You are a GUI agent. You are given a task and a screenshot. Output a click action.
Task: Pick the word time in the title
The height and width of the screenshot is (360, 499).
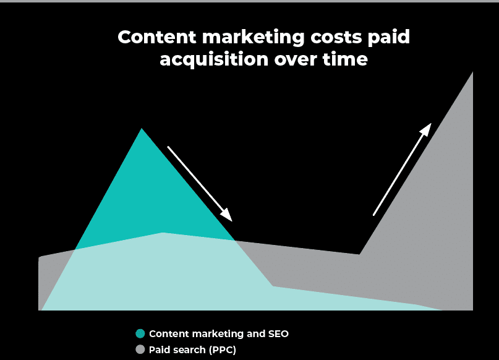346,60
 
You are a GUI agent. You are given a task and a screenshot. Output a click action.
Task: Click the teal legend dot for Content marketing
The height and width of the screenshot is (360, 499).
140,333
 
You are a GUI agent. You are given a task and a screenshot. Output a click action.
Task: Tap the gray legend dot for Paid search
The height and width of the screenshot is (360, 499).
140,349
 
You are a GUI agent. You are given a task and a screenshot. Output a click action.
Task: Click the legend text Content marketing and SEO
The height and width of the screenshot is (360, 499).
218,333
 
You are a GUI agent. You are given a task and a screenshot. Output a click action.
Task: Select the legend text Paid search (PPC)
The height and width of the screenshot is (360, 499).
192,349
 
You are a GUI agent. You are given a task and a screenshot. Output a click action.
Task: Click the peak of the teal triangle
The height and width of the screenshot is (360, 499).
142,129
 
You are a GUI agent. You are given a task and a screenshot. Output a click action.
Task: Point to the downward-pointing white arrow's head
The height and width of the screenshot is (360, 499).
229,218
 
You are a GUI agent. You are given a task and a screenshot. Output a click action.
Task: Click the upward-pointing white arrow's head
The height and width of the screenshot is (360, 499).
429,126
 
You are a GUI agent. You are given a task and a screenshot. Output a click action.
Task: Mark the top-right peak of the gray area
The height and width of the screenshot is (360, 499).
472,72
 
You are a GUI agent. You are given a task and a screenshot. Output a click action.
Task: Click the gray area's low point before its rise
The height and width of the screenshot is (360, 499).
359,254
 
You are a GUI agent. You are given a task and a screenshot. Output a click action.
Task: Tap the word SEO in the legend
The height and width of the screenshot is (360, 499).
278,333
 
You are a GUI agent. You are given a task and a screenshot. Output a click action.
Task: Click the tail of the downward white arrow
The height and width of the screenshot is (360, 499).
169,147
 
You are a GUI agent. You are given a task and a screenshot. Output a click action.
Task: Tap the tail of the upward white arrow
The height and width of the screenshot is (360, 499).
373,215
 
